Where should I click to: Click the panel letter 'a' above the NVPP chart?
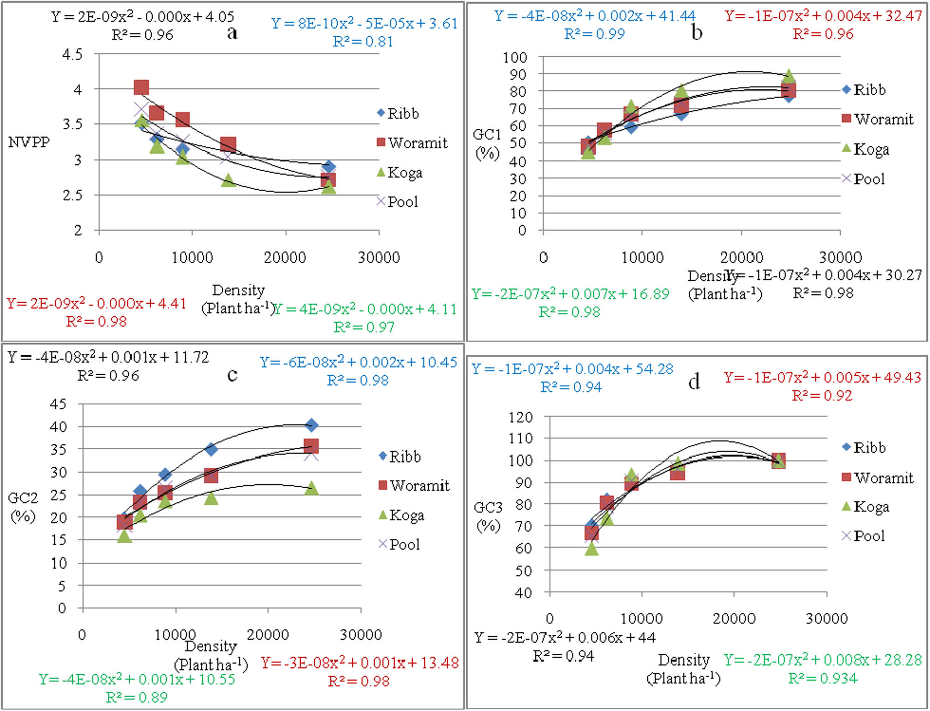pyautogui.click(x=232, y=33)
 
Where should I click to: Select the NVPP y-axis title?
pyautogui.click(x=29, y=142)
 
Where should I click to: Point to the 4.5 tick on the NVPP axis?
pyautogui.click(x=73, y=54)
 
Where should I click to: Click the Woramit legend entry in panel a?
pyautogui.click(x=412, y=143)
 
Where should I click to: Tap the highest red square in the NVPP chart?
pyautogui.click(x=141, y=87)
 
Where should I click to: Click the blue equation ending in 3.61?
pyautogui.click(x=364, y=23)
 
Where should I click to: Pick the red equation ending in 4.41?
pyautogui.click(x=96, y=303)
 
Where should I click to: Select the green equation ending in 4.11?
pyautogui.click(x=365, y=309)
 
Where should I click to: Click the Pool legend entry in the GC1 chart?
pyautogui.click(x=864, y=179)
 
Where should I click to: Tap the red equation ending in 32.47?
pyautogui.click(x=823, y=16)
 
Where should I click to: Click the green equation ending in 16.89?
pyautogui.click(x=570, y=294)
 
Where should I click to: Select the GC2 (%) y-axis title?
pyautogui.click(x=23, y=507)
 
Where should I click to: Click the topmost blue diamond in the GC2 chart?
pyautogui.click(x=312, y=425)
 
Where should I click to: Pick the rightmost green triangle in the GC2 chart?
pyautogui.click(x=312, y=488)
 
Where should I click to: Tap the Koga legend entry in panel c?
pyautogui.click(x=401, y=515)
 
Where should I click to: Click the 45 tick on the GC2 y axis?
pyautogui.click(x=58, y=404)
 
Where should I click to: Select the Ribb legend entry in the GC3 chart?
pyautogui.click(x=864, y=447)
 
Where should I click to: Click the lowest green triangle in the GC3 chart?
pyautogui.click(x=591, y=549)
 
